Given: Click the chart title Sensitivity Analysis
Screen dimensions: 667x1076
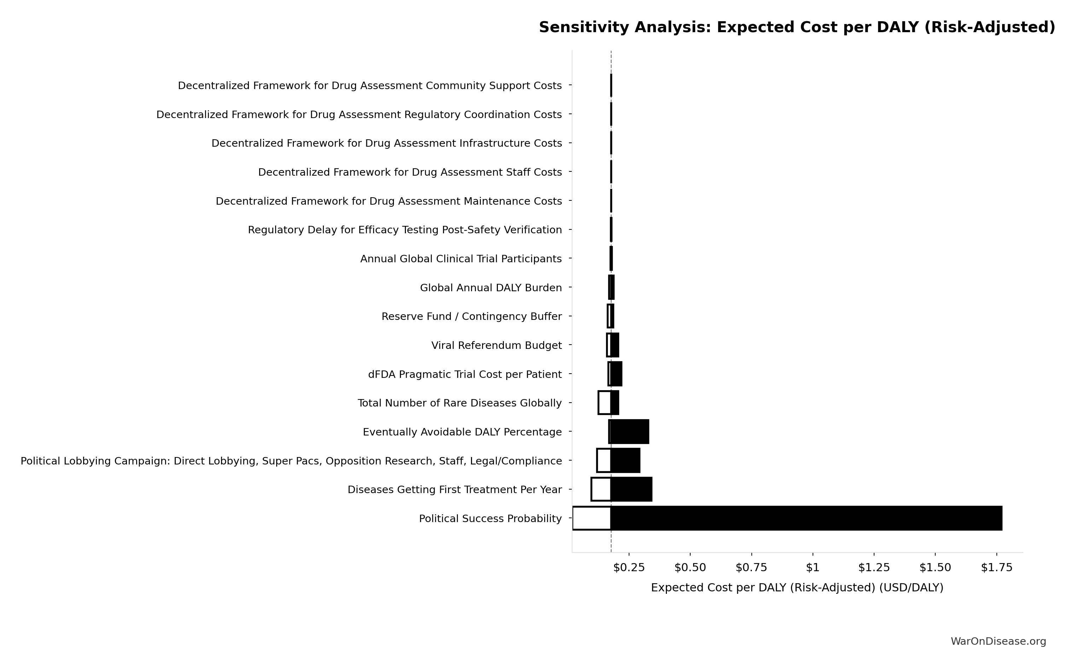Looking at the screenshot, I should pyautogui.click(x=797, y=27).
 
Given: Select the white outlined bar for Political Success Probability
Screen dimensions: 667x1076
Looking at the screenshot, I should pyautogui.click(x=591, y=518).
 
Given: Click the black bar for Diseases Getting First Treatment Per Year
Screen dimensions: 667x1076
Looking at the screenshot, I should pyautogui.click(x=631, y=489).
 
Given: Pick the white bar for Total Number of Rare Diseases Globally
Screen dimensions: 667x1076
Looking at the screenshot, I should pyautogui.click(x=604, y=402).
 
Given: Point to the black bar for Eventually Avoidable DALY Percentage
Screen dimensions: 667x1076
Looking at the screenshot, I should pyautogui.click(x=629, y=432).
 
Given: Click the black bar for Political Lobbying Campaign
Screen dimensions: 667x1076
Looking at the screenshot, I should pyautogui.click(x=625, y=461).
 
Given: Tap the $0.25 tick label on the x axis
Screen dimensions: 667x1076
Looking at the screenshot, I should pyautogui.click(x=629, y=568).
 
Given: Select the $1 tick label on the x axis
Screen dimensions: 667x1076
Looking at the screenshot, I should pyautogui.click(x=813, y=568).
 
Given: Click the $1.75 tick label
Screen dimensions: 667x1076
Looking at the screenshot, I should pyautogui.click(x=996, y=568).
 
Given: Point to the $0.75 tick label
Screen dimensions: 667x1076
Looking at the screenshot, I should pyautogui.click(x=751, y=568).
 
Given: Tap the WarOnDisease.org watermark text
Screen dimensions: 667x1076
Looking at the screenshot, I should pyautogui.click(x=998, y=642).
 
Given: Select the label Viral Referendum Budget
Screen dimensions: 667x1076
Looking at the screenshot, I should pyautogui.click(x=496, y=345).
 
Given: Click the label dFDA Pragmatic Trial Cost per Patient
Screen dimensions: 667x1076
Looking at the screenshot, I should pyautogui.click(x=465, y=374).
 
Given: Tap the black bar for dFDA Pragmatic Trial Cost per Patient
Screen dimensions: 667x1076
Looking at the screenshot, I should pyautogui.click(x=616, y=374).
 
